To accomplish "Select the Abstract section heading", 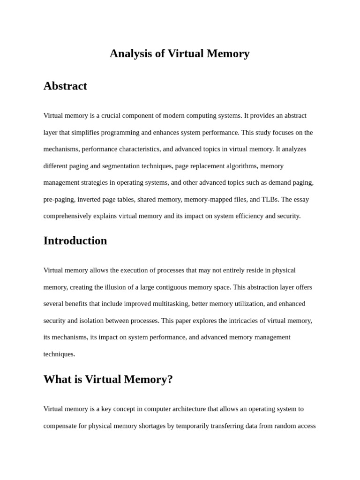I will (65, 86).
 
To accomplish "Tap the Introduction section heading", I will (75, 241).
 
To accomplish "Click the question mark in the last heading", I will (170, 380).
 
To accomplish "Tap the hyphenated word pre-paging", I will (59, 200).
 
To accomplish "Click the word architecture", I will (182, 409).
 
